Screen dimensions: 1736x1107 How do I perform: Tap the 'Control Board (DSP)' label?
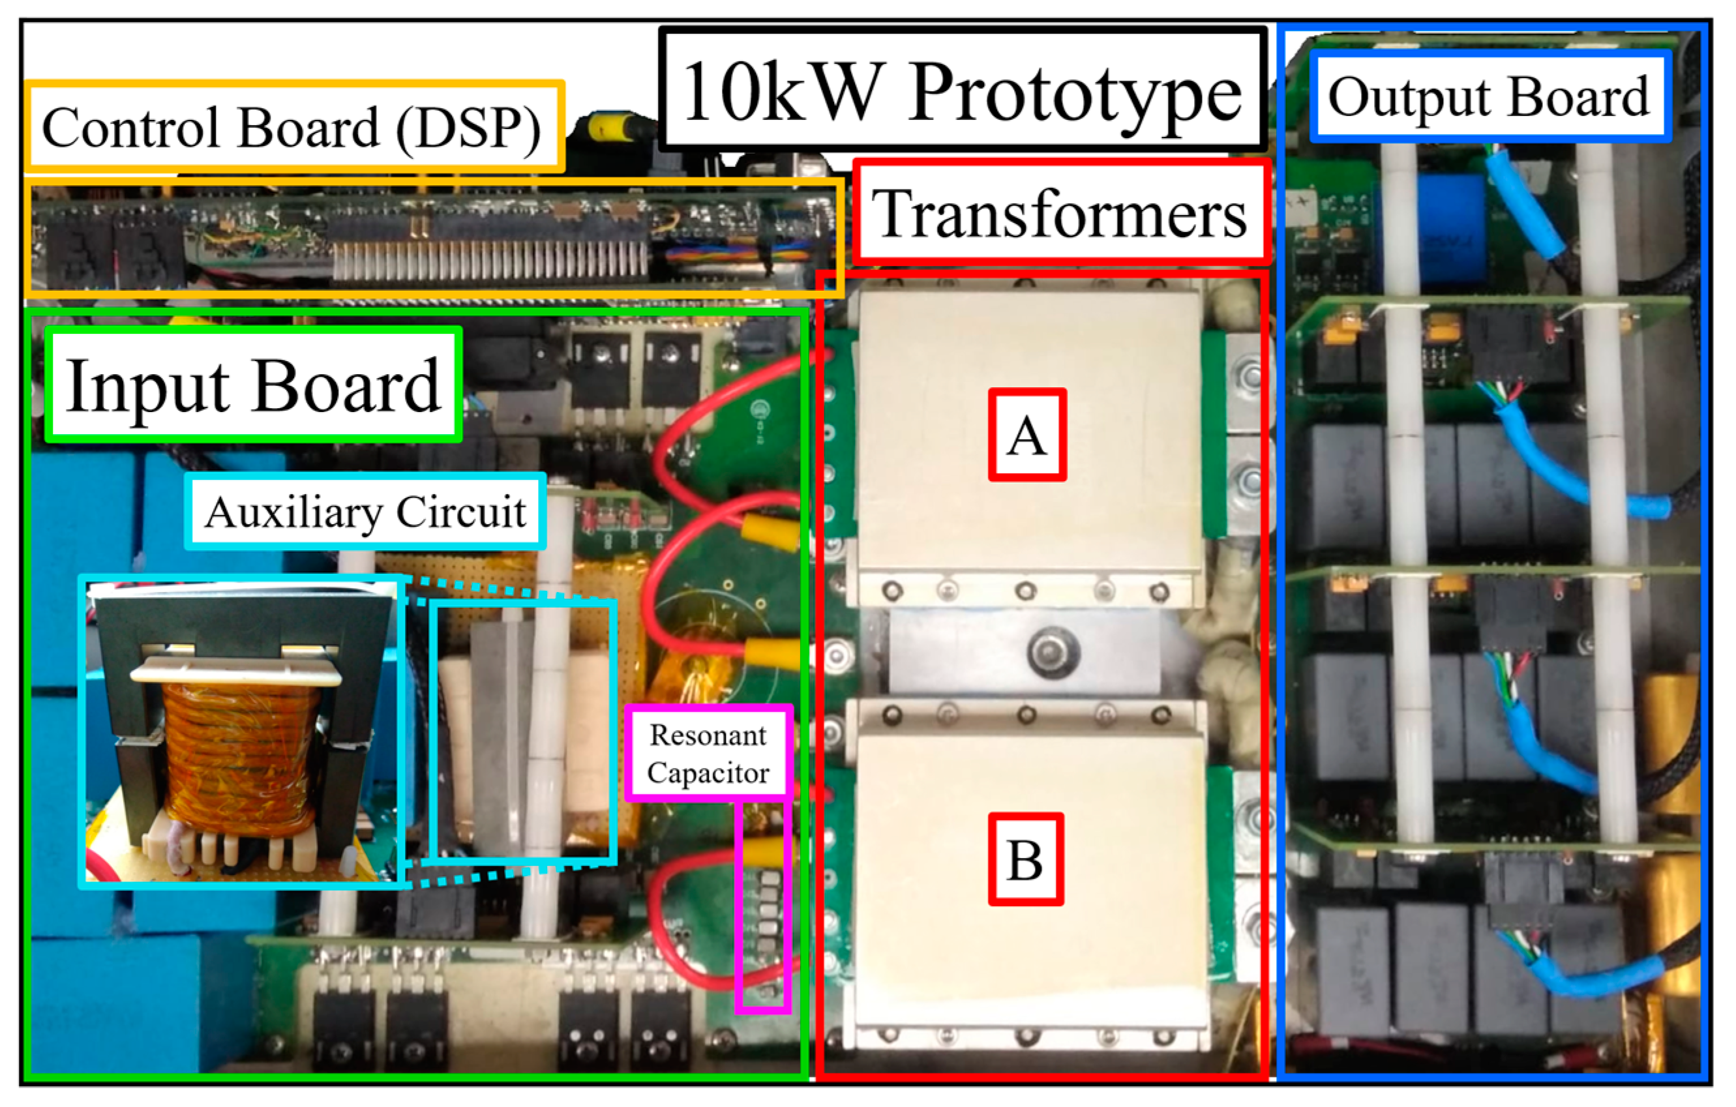pyautogui.click(x=292, y=128)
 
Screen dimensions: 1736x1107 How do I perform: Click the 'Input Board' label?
pyautogui.click(x=252, y=385)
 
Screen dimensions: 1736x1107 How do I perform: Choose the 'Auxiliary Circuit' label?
pyautogui.click(x=365, y=512)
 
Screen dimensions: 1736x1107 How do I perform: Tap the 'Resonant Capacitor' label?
pyautogui.click(x=708, y=753)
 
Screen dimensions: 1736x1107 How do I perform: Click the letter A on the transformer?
pyautogui.click(x=1026, y=435)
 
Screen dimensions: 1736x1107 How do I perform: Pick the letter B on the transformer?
pyautogui.click(x=1025, y=859)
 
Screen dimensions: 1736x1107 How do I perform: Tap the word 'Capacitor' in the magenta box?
pyautogui.click(x=708, y=773)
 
